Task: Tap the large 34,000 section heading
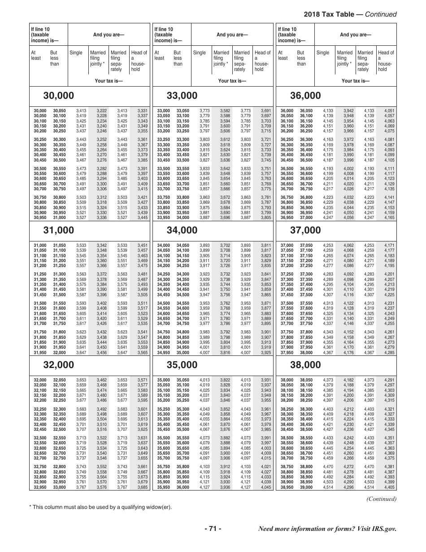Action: pos(182,230)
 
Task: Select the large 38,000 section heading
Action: pos(305,365)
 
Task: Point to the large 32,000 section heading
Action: pos(58,365)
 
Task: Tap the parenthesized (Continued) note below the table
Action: pos(382,499)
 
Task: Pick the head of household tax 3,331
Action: pos(142,111)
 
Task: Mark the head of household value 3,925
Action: pos(265,353)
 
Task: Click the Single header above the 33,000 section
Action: pos(200,53)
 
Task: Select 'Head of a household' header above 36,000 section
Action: pos(386,61)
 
